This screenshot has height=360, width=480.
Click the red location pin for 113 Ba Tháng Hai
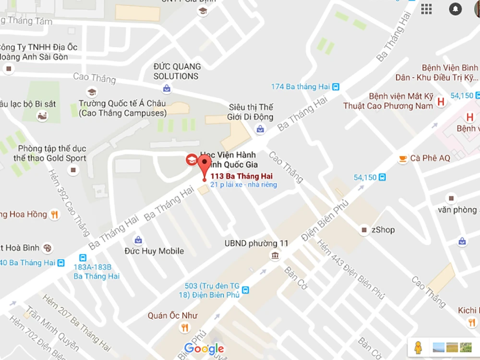204,168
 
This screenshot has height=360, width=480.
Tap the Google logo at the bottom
204,348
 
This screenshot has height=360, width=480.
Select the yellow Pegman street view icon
419,347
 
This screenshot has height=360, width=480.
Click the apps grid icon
426,9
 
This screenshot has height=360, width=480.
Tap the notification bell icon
455,9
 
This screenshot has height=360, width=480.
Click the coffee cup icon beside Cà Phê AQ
403,158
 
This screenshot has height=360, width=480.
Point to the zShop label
383,230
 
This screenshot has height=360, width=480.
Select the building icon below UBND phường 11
275,255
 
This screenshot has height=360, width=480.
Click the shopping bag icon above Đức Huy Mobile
138,240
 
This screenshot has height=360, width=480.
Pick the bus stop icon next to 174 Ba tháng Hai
336,87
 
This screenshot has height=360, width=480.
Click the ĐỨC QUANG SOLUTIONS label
176,72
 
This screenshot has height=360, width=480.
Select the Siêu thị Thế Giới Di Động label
251,112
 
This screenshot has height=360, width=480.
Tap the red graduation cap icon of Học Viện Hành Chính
192,160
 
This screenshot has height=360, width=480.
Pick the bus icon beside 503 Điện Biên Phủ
246,290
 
